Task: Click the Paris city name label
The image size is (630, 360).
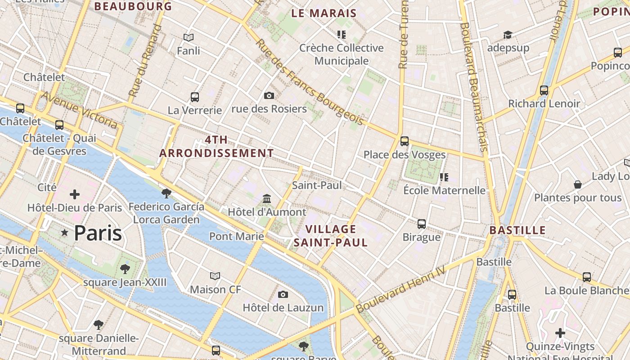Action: tap(98, 233)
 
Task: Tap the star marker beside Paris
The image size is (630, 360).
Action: tap(65, 233)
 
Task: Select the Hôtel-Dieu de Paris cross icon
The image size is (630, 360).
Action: tap(75, 194)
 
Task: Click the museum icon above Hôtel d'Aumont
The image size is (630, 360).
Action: tap(267, 198)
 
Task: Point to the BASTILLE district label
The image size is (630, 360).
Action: tap(517, 230)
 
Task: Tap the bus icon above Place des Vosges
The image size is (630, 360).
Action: tap(405, 141)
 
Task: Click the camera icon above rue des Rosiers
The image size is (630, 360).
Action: tap(269, 95)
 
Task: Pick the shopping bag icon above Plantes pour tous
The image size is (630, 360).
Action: tap(578, 184)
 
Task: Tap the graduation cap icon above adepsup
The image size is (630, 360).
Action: tap(508, 35)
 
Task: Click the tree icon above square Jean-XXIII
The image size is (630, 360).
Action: tap(125, 269)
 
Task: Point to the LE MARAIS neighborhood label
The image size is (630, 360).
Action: tap(324, 13)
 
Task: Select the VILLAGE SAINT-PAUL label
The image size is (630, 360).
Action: tap(331, 236)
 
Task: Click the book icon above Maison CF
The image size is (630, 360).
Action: tap(216, 276)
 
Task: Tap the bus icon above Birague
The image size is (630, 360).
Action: tap(422, 224)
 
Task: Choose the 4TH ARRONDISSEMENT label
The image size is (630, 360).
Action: tap(216, 146)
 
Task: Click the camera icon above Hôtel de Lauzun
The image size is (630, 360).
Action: tap(283, 294)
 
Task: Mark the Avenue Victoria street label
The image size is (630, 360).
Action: tap(80, 110)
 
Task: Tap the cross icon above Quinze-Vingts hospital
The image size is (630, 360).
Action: tap(560, 333)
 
